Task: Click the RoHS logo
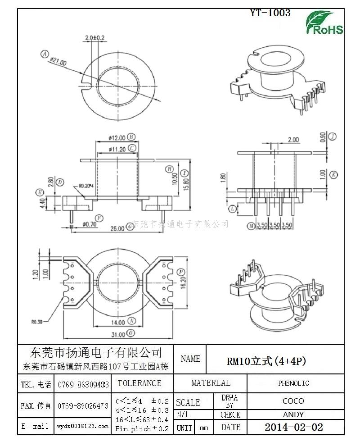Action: click(x=324, y=23)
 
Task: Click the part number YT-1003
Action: click(x=270, y=13)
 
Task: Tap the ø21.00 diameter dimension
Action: click(x=58, y=62)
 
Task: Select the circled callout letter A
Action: click(x=44, y=54)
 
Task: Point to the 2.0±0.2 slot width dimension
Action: click(x=94, y=37)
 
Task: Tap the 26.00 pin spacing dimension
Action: click(x=117, y=228)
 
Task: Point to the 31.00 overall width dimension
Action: click(x=118, y=334)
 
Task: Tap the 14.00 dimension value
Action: click(x=118, y=322)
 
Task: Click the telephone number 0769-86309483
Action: click(x=83, y=384)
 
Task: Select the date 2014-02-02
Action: click(x=293, y=427)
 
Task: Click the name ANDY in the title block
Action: click(x=293, y=414)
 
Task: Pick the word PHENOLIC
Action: click(x=293, y=383)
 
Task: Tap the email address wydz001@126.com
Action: click(x=82, y=426)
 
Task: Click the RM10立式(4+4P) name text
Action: click(x=266, y=361)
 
